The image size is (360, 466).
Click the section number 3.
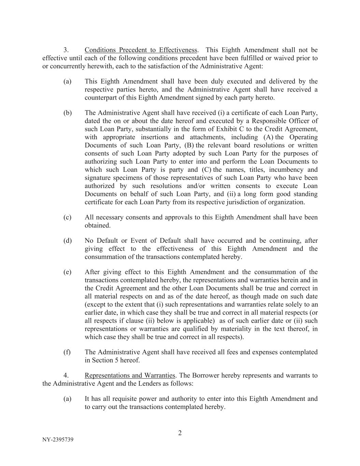[67, 50]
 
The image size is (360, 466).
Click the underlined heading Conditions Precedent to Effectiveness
[141, 50]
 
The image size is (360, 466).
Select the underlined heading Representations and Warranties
[130, 376]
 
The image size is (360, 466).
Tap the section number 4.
[67, 376]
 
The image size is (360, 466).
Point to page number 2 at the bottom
[180, 433]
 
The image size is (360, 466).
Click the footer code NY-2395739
[58, 440]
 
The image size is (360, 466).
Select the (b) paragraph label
[67, 113]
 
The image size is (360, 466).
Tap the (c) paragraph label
[67, 217]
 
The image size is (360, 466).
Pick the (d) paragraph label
[67, 241]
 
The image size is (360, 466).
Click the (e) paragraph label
[67, 272]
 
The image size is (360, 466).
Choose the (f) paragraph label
[67, 352]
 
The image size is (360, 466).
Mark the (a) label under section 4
[67, 399]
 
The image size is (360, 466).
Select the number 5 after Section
[116, 360]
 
